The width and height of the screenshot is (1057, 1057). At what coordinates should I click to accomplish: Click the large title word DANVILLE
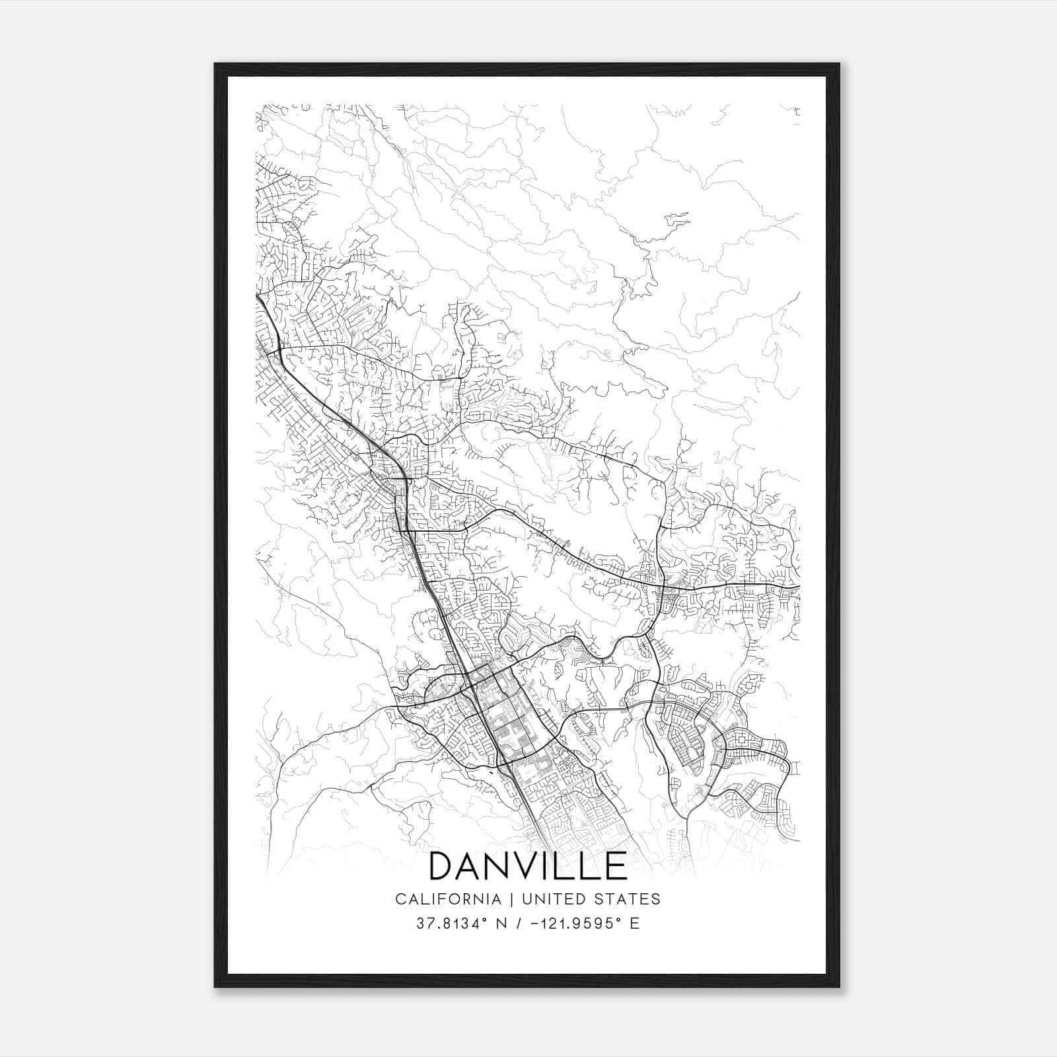(528, 866)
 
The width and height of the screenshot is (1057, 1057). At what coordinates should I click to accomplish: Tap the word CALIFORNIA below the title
(447, 899)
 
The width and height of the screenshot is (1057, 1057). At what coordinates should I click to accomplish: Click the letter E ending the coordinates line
(635, 924)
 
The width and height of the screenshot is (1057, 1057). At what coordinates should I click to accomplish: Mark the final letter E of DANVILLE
(616, 866)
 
